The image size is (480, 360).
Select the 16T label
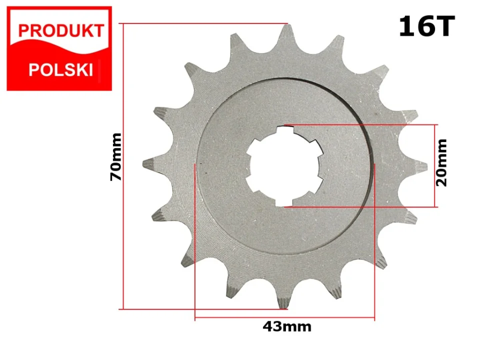tap(426, 27)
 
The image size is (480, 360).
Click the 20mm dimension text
tap(442, 162)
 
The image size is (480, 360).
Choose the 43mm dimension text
tap(286, 327)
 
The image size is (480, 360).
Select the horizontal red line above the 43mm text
tap(284, 317)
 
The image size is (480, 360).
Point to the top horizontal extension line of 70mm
tap(200, 23)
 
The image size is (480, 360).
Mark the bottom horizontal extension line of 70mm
tap(200, 309)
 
